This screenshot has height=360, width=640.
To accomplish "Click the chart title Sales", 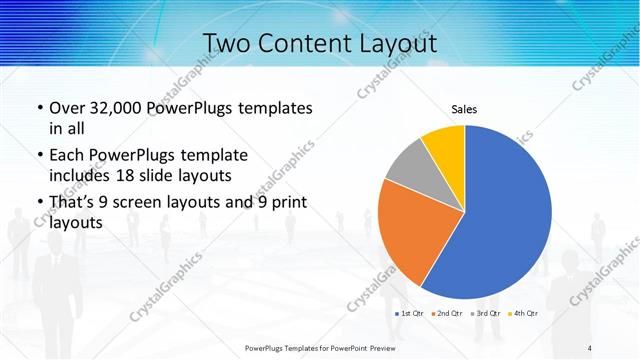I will (464, 109).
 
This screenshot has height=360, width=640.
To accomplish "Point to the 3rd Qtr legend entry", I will (486, 314).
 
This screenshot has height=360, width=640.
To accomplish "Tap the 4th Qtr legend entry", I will (523, 314).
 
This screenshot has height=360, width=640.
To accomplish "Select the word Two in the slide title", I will (226, 44).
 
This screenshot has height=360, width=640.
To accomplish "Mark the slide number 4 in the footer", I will (590, 347).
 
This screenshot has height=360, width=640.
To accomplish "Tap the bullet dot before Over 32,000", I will (38, 108).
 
